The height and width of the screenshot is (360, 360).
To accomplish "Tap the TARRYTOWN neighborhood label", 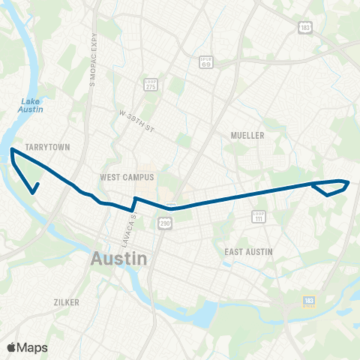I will (x=47, y=147).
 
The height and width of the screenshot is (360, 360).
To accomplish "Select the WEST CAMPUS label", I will (x=127, y=178).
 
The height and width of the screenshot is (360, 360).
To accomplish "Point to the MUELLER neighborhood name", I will (x=248, y=135).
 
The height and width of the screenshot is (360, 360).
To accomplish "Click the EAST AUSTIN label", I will (x=248, y=251).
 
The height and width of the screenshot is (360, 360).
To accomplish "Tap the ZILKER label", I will (x=66, y=301).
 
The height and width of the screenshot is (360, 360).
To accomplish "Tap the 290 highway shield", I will (x=163, y=223).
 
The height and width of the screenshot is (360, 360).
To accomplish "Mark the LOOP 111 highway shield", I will (x=259, y=216).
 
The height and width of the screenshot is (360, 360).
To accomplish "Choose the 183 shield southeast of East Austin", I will (x=309, y=301).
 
